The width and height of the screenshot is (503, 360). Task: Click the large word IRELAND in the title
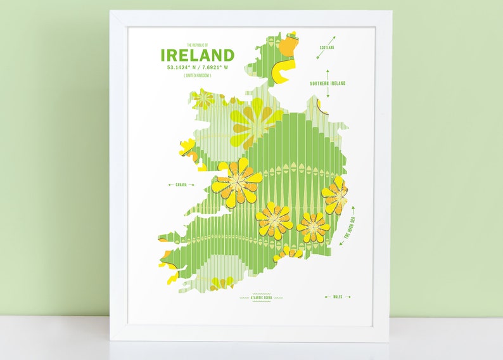[x=197, y=55]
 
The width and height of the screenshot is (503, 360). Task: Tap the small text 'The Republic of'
[x=197, y=45]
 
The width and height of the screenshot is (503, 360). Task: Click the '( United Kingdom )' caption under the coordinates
[x=197, y=75]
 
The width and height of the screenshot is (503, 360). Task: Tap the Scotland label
[x=327, y=47]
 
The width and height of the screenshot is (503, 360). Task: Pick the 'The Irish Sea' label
[x=350, y=227]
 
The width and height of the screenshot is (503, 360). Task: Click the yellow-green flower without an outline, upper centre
[x=253, y=120]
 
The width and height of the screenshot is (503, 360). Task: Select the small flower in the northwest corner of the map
[x=204, y=99]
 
